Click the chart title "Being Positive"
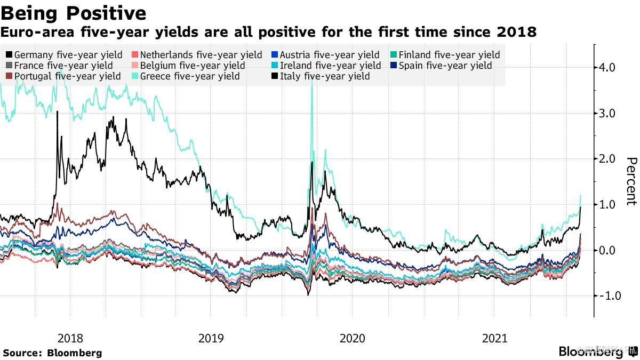point(74,12)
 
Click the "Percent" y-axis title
point(631,181)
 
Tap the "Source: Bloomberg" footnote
point(52,353)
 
